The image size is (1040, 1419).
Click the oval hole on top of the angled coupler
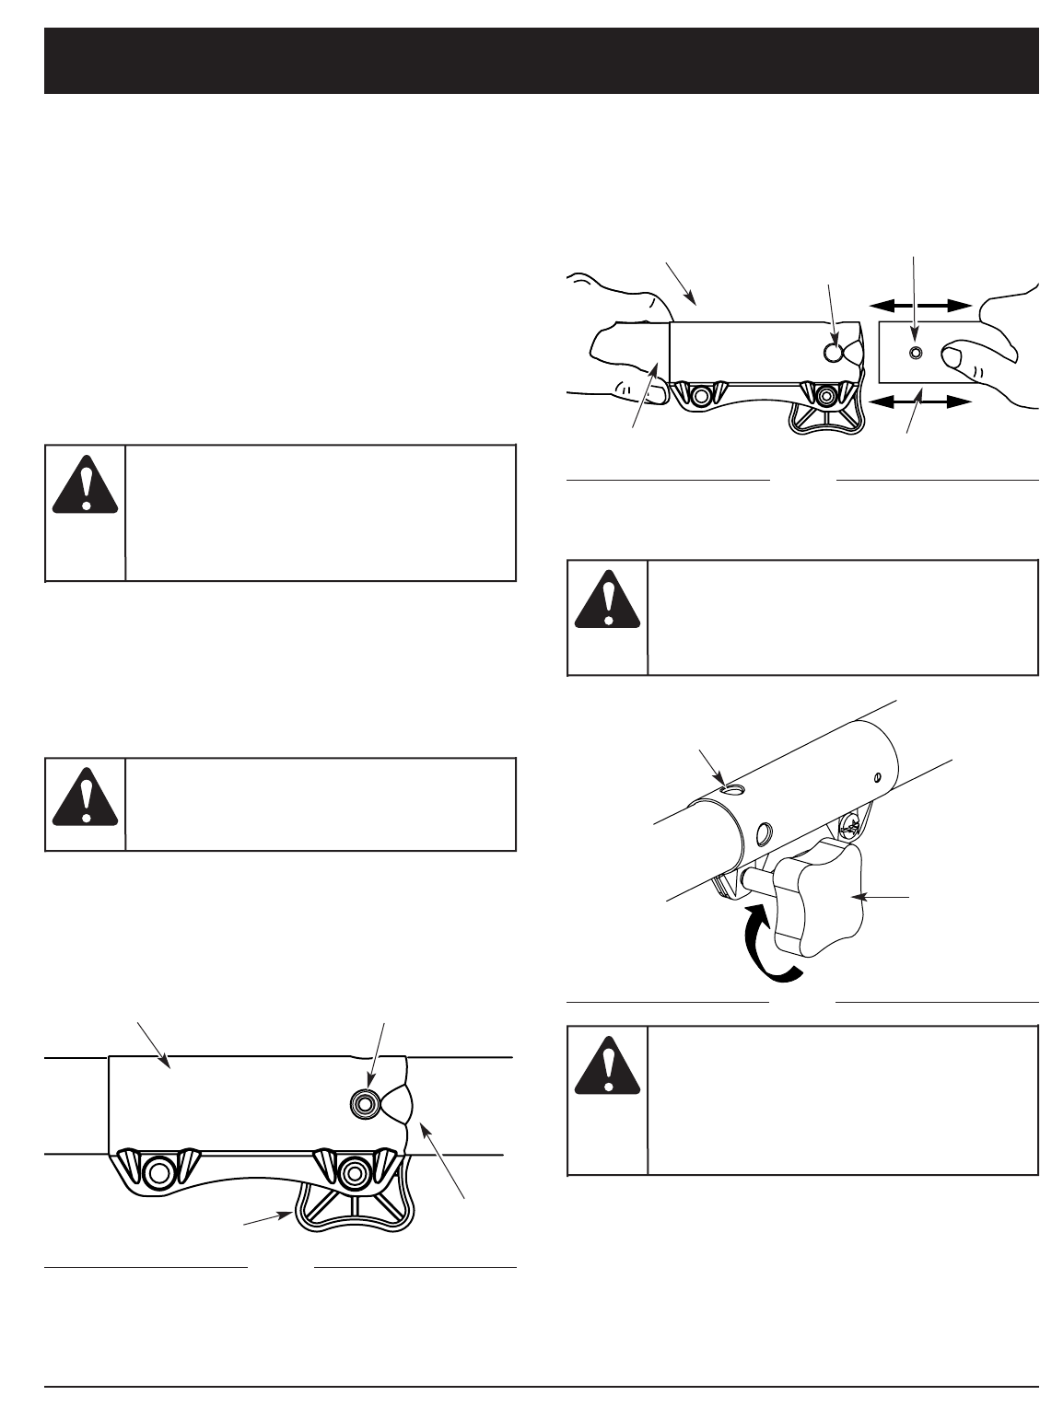pyautogui.click(x=731, y=788)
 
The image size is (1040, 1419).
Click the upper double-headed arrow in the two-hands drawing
pyautogui.click(x=922, y=305)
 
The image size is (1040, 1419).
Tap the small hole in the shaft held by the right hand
pyautogui.click(x=915, y=353)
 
